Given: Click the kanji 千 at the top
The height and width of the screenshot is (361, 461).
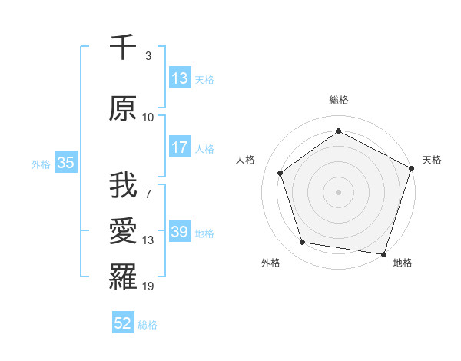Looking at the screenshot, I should coord(124,48).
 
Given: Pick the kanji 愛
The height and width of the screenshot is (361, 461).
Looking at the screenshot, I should coord(124,232).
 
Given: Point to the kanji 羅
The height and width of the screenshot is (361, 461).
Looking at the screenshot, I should coord(124,277).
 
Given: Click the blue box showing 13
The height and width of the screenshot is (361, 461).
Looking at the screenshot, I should coord(180,78).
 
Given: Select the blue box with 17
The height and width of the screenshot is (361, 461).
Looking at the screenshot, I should coord(180,147).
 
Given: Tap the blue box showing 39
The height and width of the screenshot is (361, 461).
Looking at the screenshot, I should coord(180,232).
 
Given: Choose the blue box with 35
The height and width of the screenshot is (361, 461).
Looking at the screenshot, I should coord(66,163).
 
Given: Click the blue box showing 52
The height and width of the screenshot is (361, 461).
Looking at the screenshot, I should coord(123,324).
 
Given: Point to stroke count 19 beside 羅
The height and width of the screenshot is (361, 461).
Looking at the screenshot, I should coord(148,286).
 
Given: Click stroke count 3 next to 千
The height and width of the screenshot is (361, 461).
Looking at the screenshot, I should coord(148,56).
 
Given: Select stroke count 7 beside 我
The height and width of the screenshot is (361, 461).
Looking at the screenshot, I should coord(148,194).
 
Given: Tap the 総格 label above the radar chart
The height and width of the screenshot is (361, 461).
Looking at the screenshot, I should coord(338,100).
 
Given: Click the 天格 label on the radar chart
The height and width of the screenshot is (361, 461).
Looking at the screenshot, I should coord(433,161).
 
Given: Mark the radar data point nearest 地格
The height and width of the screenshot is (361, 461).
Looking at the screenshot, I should coord(383,253).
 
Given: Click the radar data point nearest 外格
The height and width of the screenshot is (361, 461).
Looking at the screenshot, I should coord(303,243).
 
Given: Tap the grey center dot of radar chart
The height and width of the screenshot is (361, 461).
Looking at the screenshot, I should coord(338,191).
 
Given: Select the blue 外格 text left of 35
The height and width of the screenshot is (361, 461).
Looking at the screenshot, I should coord(41,164).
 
